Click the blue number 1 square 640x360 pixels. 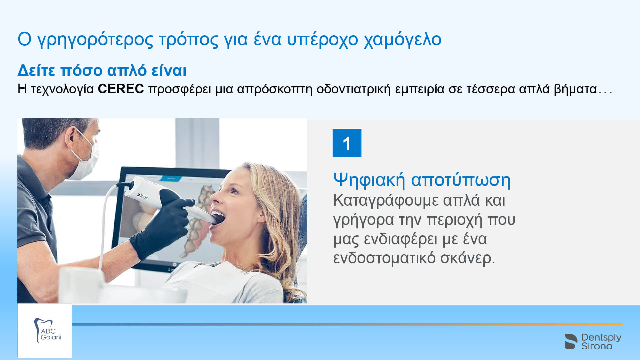pyautogui.click(x=347, y=143)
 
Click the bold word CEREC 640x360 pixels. pyautogui.click(x=121, y=89)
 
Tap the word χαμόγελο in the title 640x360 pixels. pyautogui.click(x=402, y=39)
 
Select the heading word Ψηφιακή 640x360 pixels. pyautogui.click(x=369, y=180)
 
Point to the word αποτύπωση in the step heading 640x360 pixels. pyautogui.click(x=461, y=180)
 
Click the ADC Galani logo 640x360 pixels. pyautogui.click(x=45, y=331)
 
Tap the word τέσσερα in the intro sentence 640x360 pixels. pyautogui.click(x=490, y=89)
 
